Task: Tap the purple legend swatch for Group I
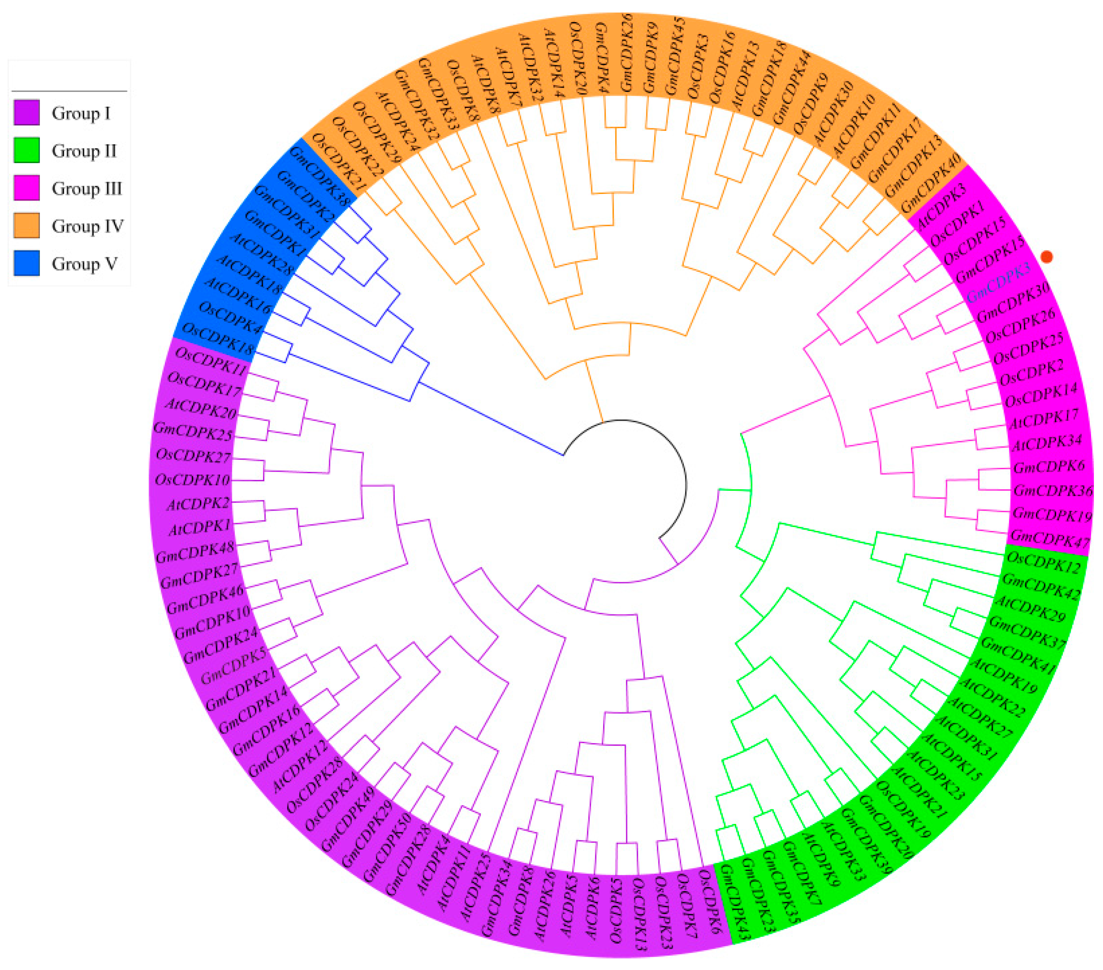click(26, 113)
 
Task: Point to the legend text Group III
click(86, 188)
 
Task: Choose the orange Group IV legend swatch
click(26, 226)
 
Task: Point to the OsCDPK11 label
click(211, 362)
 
